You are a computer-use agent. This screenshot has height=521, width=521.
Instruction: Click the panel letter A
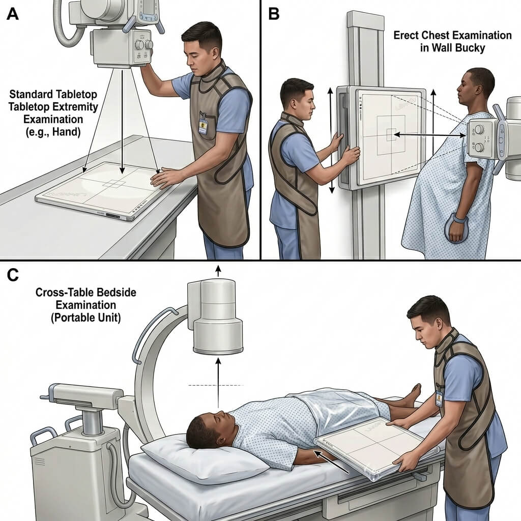(13, 14)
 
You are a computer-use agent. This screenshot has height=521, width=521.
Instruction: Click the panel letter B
(274, 14)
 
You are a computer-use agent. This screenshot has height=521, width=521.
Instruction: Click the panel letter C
(13, 275)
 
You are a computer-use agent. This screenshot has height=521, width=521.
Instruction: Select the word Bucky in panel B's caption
(470, 48)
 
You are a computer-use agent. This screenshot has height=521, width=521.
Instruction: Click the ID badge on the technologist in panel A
(203, 125)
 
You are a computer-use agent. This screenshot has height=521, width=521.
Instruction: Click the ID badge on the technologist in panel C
(440, 397)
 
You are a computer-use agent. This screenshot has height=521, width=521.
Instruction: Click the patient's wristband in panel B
(459, 219)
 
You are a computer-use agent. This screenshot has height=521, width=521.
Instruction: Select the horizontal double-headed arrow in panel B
(429, 135)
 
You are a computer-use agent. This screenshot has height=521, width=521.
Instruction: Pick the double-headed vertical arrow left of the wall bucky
(331, 140)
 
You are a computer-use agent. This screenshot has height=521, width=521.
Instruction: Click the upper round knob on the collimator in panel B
(479, 130)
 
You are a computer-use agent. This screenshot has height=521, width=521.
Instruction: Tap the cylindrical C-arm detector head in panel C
(216, 317)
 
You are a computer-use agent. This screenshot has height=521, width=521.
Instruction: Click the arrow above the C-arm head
(218, 271)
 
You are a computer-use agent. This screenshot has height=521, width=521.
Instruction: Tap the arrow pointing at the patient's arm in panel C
(331, 461)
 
